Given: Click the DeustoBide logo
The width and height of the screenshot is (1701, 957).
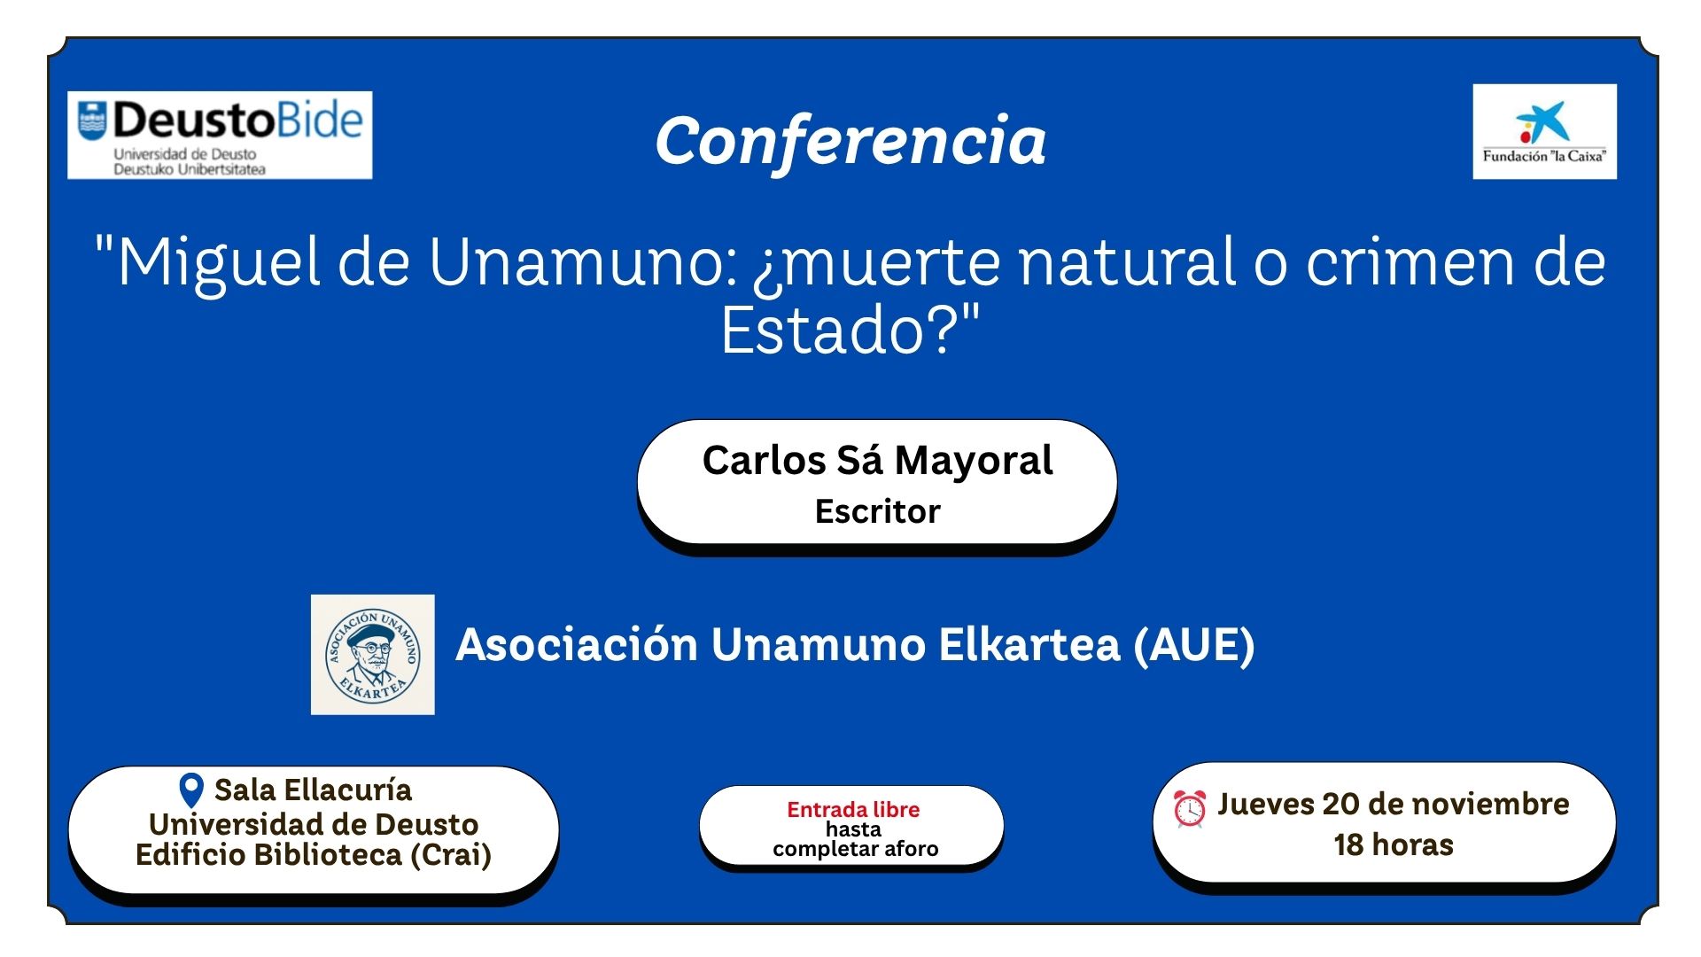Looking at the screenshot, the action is point(220,135).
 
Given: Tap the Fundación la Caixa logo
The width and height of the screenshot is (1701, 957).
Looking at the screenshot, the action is point(1544,131).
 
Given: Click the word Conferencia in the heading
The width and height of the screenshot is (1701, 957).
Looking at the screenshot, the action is point(850,142).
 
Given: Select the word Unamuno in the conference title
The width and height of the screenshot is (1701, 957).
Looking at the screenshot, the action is point(582,262).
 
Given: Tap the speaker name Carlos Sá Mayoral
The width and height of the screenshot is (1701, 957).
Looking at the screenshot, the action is point(877,461).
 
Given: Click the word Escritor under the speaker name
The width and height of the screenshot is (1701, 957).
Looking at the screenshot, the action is point(877,511).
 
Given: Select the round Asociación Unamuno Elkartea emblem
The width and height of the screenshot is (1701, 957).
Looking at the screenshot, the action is point(373,655).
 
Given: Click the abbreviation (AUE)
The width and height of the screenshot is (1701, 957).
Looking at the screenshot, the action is point(1194,644).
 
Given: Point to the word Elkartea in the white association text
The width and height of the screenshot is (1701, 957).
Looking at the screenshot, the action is point(1029,644).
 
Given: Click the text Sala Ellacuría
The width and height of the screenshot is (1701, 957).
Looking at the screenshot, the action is point(313,790).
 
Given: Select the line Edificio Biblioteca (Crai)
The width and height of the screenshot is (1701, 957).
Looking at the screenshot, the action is point(314,855).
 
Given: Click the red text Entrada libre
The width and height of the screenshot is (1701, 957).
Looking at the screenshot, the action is point(853,809).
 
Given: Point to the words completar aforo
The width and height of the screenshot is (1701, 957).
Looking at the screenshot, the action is point(855,849).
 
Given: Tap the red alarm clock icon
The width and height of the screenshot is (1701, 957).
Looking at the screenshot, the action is point(1189,808).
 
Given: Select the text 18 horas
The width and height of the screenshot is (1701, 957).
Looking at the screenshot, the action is point(1394,844).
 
